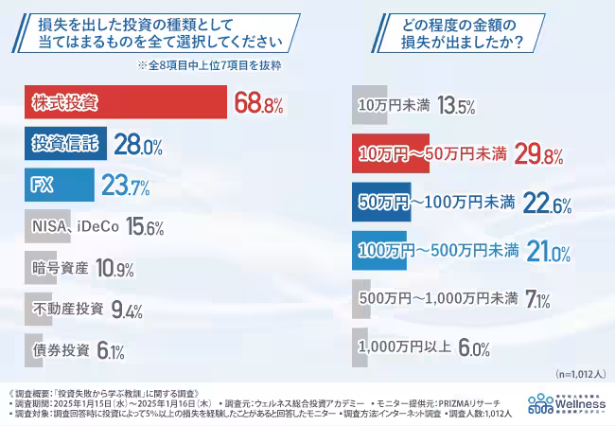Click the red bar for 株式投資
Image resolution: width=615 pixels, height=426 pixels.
(123, 102)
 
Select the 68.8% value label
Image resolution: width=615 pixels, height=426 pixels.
(259, 103)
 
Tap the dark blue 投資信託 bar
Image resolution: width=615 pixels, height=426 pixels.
(62, 144)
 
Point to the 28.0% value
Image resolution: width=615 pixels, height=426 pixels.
(138, 145)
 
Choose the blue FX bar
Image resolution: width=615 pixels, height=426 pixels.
(57, 186)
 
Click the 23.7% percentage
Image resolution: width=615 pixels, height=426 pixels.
(126, 186)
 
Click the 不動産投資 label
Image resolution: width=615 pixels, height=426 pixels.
(68, 309)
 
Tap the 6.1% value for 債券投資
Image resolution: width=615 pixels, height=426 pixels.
(110, 350)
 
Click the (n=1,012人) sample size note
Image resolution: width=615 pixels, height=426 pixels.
(575, 374)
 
